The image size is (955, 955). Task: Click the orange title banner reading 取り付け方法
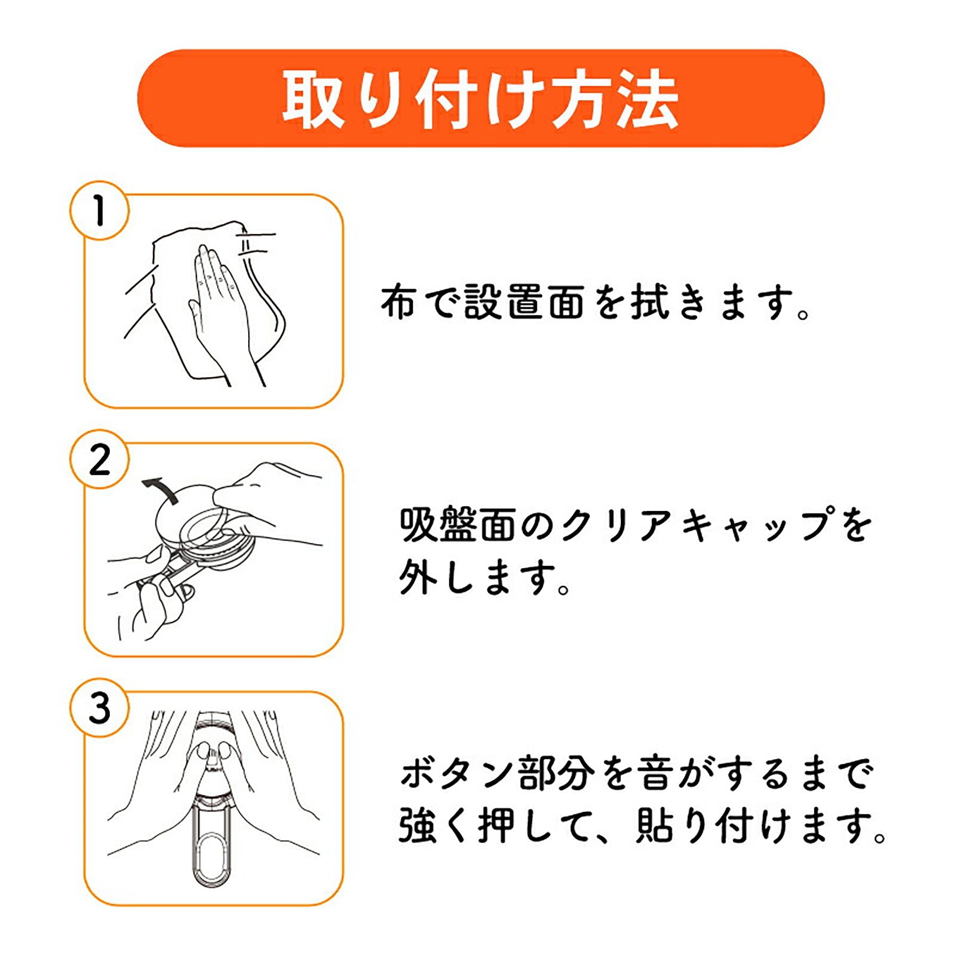[x=481, y=98]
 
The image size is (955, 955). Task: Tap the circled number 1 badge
[x=99, y=211]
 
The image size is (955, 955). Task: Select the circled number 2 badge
[x=99, y=459]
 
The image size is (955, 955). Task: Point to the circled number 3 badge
[x=99, y=708]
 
